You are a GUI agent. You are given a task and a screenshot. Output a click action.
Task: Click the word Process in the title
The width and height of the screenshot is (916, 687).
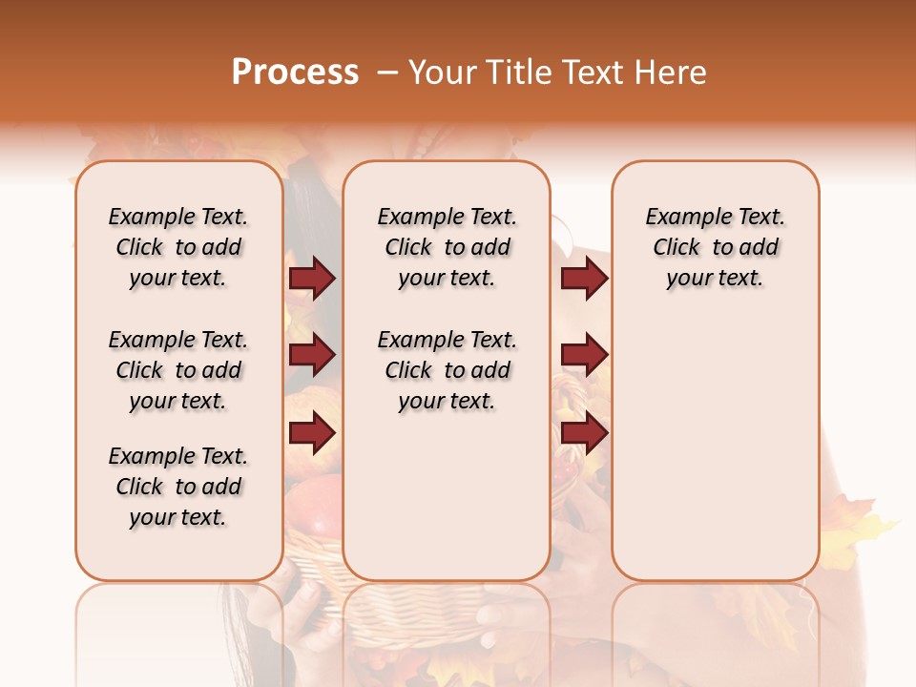tap(295, 73)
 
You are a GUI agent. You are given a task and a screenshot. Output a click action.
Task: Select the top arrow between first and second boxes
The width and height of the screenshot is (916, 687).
tap(312, 279)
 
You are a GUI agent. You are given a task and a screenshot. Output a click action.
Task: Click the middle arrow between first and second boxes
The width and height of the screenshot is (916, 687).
tap(312, 356)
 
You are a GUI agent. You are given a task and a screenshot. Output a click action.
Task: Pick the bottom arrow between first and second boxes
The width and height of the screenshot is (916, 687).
tap(312, 433)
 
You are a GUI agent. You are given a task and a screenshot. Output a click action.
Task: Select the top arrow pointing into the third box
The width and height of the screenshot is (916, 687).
tap(584, 279)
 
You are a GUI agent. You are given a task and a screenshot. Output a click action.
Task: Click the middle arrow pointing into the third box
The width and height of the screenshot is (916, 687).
tap(584, 356)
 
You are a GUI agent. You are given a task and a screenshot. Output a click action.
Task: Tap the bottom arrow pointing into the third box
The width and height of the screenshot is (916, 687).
tap(584, 433)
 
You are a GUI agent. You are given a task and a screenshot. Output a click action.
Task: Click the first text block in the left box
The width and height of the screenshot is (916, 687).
tap(178, 247)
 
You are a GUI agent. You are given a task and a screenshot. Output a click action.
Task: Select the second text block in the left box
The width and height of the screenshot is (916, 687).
tap(178, 370)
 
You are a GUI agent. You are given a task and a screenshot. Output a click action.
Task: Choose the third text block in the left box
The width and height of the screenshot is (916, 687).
tap(178, 487)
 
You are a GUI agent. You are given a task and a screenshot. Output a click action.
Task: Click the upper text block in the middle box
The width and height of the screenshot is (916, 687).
tap(447, 247)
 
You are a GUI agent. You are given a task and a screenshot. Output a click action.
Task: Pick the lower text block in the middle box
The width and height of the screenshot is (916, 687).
tap(447, 370)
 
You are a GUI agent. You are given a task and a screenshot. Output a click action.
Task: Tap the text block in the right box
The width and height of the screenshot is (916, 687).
tap(716, 247)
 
